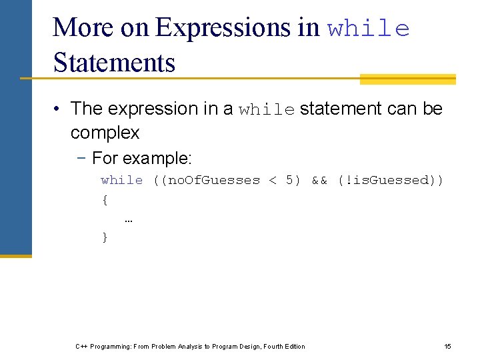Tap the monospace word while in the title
coord(368,29)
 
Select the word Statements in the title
coord(114,63)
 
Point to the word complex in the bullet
coord(105,133)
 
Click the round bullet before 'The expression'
coord(59,109)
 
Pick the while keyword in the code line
coord(122,181)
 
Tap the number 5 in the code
coord(289,181)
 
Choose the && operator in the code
coord(319,181)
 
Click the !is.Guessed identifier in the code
coord(388,181)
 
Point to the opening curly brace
coord(105,199)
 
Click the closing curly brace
coord(105,237)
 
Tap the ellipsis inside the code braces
coord(128,219)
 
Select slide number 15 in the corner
coord(448,347)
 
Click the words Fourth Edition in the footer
coord(285,347)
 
